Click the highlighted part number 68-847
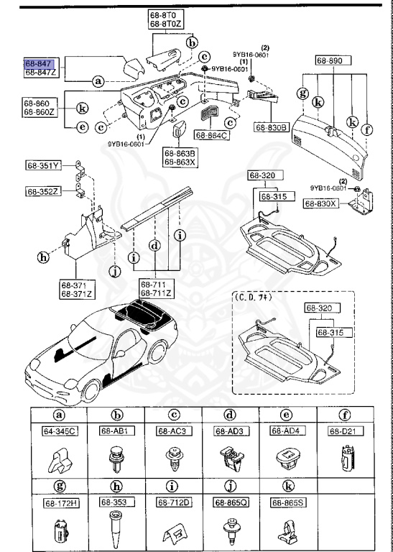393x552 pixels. (38, 63)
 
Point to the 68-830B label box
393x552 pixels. (270, 127)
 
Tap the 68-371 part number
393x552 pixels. (73, 285)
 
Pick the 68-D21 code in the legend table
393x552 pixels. (343, 431)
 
